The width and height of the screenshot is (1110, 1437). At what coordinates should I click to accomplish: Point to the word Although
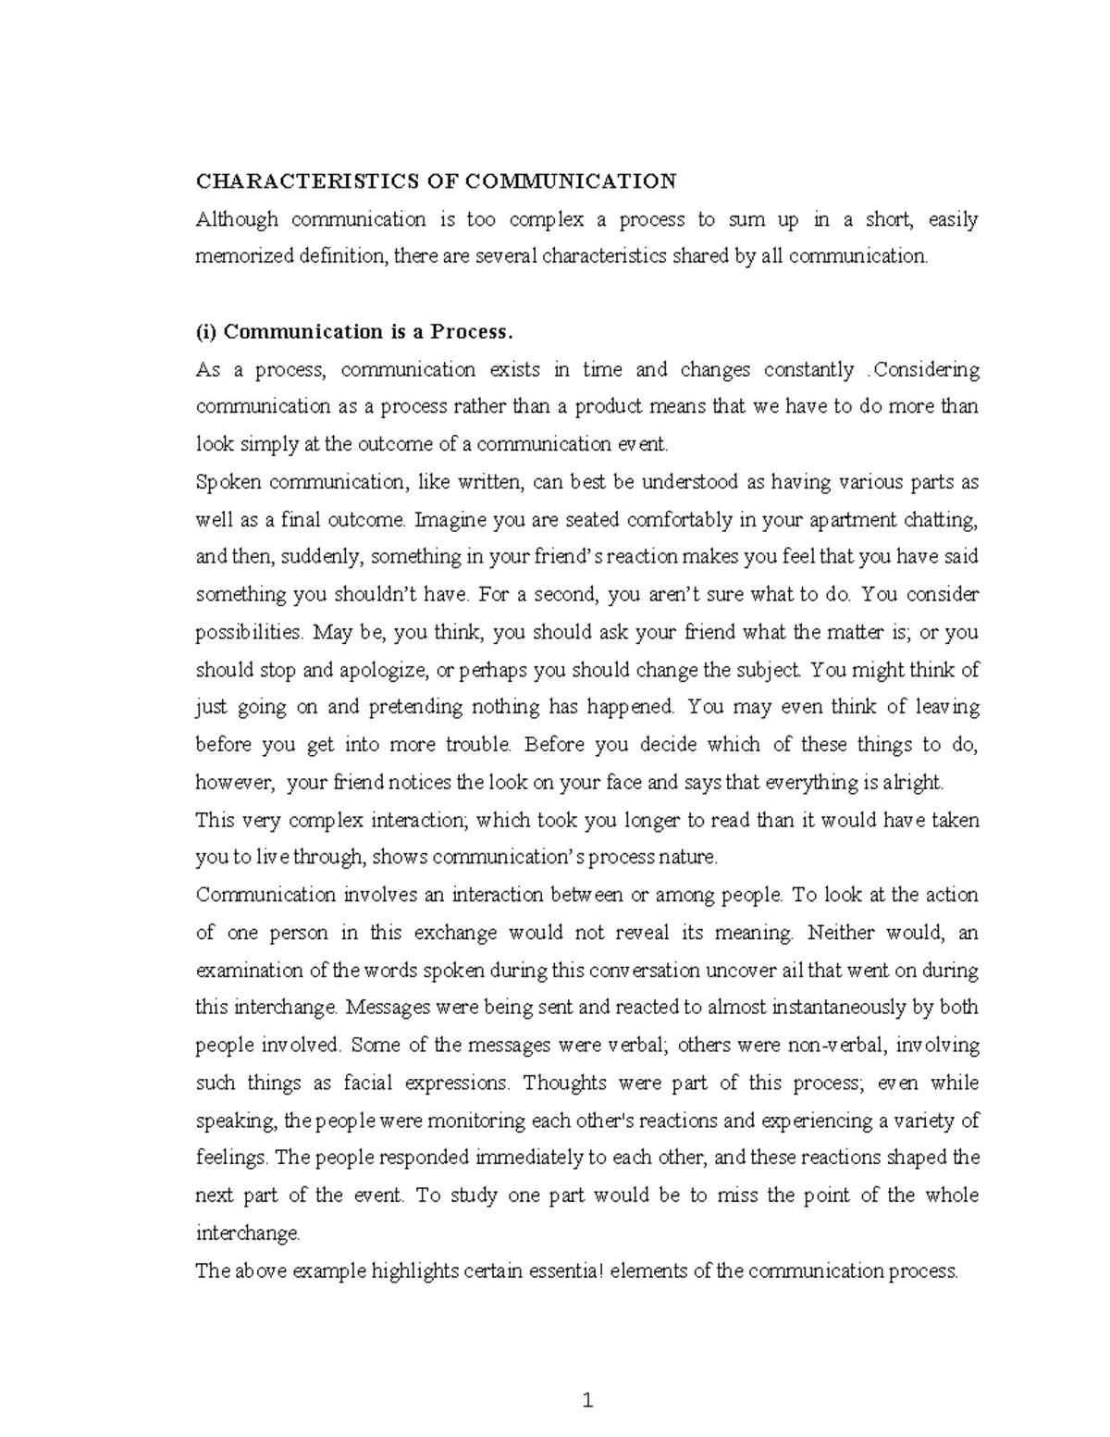click(x=237, y=219)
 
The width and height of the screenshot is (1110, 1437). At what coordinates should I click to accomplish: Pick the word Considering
click(x=926, y=370)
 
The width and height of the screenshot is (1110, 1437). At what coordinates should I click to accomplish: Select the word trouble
click(x=475, y=745)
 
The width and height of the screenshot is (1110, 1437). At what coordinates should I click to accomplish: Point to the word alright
click(x=914, y=783)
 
